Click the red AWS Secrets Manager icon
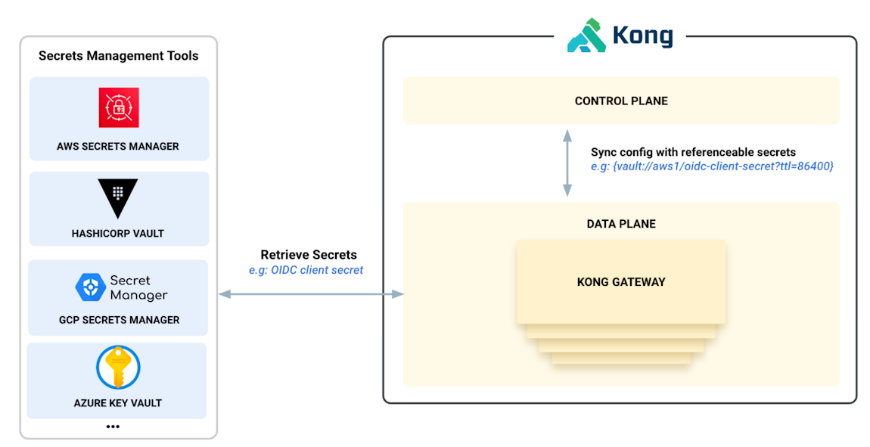point(119,107)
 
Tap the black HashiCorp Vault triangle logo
point(118,198)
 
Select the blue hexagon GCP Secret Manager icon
point(90,287)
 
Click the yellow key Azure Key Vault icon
point(118,368)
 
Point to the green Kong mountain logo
point(586,36)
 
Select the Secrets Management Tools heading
point(118,56)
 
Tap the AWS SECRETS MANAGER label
point(118,146)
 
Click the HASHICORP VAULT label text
point(118,234)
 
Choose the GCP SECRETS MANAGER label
point(119,320)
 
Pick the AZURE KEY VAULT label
point(118,403)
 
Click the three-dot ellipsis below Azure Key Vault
point(113,427)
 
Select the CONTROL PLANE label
point(620,101)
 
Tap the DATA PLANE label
point(620,224)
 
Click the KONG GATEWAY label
point(620,282)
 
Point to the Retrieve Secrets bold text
point(309,255)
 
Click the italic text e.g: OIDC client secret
point(306,270)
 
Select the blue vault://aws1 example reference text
point(712,166)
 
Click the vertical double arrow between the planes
point(567,163)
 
